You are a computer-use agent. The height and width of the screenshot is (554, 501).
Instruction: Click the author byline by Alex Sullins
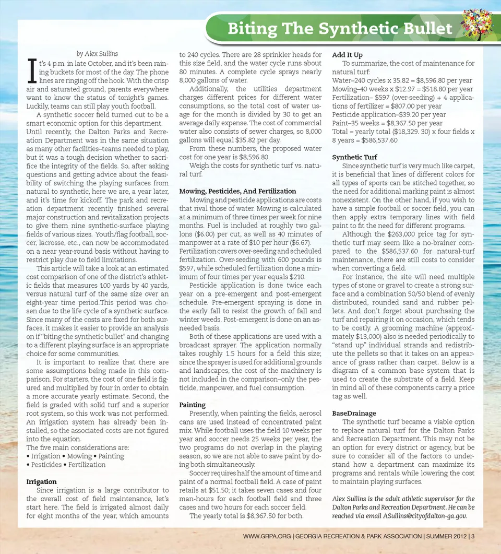point(97,53)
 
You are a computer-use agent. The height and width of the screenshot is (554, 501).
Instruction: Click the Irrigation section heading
point(42,482)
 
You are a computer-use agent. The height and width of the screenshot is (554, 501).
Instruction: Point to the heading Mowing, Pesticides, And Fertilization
point(237,191)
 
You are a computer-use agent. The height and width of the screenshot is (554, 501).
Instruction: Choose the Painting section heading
point(192,405)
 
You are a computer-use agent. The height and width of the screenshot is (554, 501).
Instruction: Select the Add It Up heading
point(347,55)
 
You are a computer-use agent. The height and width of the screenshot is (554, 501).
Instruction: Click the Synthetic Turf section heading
point(354,157)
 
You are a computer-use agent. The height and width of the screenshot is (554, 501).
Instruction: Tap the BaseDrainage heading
point(354,413)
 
